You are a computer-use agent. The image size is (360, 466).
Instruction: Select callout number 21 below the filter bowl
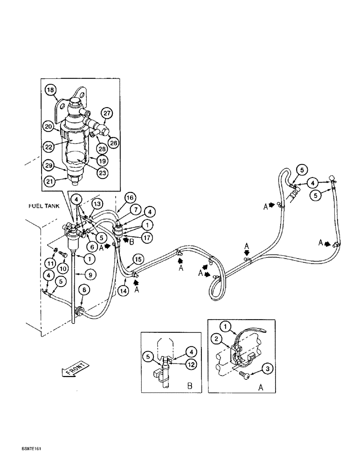click(49, 181)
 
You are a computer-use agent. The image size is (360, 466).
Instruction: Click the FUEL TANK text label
click(43, 206)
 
